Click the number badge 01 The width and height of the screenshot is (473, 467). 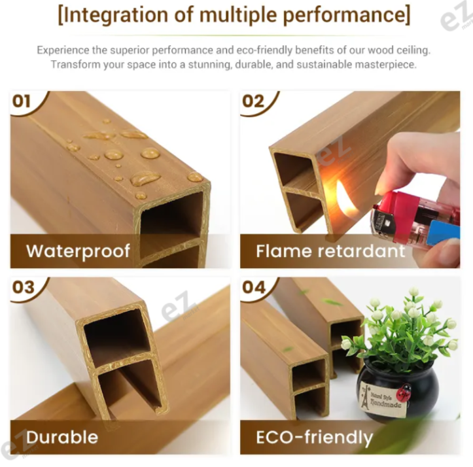coord(22,101)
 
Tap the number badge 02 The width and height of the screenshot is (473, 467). coord(253,101)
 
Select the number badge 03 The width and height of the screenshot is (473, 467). coord(22,288)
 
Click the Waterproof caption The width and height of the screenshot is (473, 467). coord(79,251)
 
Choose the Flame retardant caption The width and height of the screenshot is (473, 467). coord(330,251)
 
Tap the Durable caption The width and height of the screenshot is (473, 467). coord(62,436)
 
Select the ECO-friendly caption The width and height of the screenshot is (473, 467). coord(314,436)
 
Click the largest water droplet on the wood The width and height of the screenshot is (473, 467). coord(145,178)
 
